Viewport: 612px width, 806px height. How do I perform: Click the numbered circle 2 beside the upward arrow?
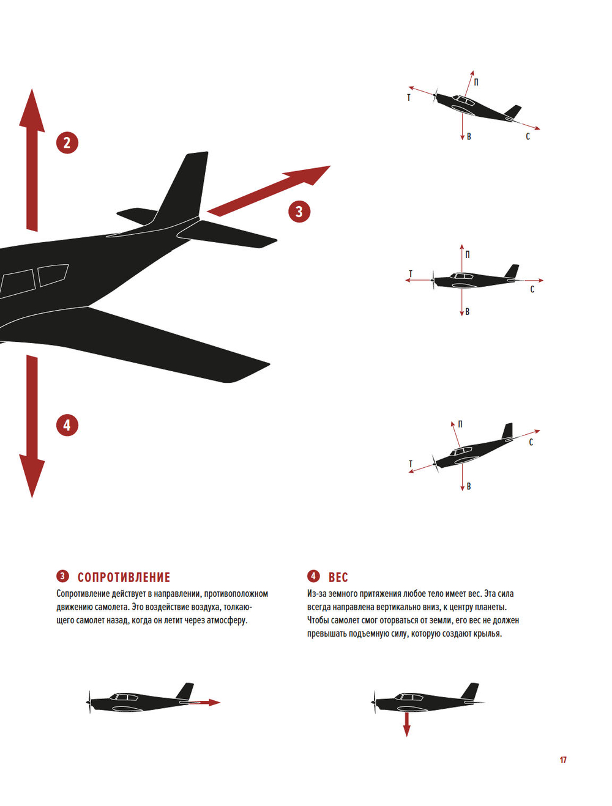67,143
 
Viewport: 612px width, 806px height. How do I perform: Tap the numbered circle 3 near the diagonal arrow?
299,212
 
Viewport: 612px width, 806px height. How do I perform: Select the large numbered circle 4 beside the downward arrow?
67,425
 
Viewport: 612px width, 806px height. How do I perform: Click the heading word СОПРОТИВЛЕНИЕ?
124,578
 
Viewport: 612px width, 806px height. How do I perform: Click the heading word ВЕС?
338,578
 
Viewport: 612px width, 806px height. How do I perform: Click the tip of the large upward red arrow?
32,89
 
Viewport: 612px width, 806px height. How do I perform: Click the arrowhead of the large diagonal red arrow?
329,166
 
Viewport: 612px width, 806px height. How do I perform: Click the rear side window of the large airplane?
53,275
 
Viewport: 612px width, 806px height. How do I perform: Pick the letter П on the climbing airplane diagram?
476,83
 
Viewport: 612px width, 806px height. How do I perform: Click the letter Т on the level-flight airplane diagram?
411,273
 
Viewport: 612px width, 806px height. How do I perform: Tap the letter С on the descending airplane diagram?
531,442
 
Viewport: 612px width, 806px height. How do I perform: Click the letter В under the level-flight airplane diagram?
468,312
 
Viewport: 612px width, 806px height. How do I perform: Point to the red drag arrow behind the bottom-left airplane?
205,703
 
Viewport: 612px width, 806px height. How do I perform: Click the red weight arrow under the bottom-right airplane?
406,724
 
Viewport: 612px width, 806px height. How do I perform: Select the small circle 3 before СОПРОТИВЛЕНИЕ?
62,576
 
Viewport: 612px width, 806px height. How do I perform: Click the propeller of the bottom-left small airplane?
89,702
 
